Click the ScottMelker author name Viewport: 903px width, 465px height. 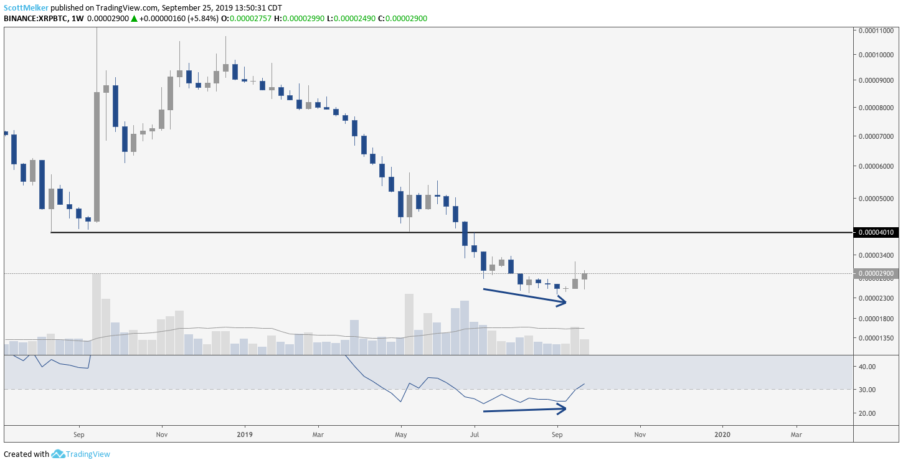click(x=26, y=7)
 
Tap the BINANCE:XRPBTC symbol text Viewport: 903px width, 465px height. click(x=35, y=19)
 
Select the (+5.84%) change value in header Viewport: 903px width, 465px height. click(x=203, y=19)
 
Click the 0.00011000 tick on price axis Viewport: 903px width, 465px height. click(x=876, y=31)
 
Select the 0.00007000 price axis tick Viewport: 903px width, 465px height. click(x=876, y=136)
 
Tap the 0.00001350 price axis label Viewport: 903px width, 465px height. click(x=876, y=337)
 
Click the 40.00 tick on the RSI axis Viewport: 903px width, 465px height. click(x=867, y=367)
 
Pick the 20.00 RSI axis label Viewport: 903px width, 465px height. click(x=867, y=413)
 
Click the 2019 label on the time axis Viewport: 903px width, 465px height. click(x=244, y=434)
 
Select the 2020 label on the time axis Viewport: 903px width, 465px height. click(x=722, y=434)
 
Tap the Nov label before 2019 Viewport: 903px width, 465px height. click(x=162, y=434)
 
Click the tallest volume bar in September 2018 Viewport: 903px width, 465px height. click(x=97, y=314)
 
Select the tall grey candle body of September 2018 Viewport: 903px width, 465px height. click(x=97, y=157)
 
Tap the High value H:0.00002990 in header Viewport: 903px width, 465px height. click(x=299, y=19)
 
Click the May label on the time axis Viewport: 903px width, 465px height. click(x=400, y=434)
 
